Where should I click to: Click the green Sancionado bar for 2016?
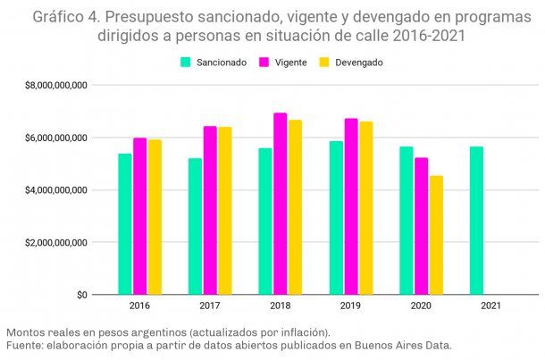[125, 224]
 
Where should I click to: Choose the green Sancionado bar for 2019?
[336, 218]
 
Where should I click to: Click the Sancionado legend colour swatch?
[186, 63]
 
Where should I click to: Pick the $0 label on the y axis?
[80, 295]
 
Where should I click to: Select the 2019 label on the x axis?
[350, 306]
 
